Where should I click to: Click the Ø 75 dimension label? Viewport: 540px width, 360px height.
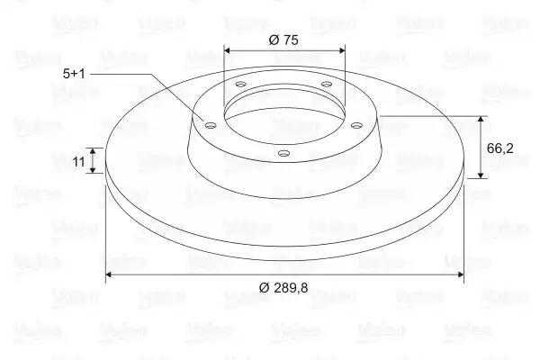click(x=283, y=40)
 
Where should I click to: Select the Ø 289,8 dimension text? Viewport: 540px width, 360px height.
click(x=283, y=287)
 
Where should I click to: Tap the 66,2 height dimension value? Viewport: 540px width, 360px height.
click(x=500, y=148)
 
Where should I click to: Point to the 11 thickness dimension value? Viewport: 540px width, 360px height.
click(x=78, y=161)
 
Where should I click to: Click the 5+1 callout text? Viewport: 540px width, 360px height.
click(x=74, y=74)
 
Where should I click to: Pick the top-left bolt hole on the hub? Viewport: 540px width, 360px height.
click(x=241, y=84)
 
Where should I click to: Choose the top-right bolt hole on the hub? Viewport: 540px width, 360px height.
click(x=327, y=84)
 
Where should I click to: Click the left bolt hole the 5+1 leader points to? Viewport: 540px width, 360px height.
click(x=210, y=125)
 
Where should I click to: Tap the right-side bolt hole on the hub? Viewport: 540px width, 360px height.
click(x=356, y=125)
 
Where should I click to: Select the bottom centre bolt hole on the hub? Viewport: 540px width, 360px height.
click(x=283, y=153)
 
